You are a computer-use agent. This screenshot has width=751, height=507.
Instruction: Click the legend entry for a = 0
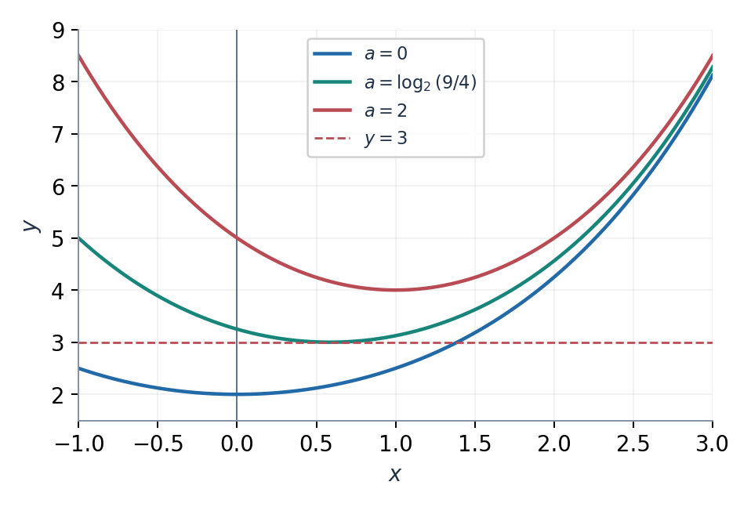pyautogui.click(x=360, y=53)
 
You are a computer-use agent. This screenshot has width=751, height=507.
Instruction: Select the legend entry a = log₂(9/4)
pyautogui.click(x=394, y=81)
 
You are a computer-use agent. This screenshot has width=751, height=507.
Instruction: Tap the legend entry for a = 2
pyautogui.click(x=360, y=110)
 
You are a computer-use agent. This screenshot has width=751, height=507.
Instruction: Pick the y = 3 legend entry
pyautogui.click(x=360, y=139)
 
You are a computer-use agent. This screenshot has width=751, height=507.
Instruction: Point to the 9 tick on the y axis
pyautogui.click(x=58, y=31)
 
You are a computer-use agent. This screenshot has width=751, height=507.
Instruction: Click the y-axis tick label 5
pyautogui.click(x=58, y=238)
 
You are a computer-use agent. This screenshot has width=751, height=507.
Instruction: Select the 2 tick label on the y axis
pyautogui.click(x=58, y=394)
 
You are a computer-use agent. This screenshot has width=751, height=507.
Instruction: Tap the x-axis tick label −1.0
pyautogui.click(x=79, y=444)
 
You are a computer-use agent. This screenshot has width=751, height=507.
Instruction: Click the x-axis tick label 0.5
pyautogui.click(x=316, y=444)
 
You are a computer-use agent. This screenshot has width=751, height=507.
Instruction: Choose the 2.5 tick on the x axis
pyautogui.click(x=633, y=444)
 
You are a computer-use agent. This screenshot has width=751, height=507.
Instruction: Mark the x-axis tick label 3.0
pyautogui.click(x=713, y=444)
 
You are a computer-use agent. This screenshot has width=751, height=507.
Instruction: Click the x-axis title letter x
pyautogui.click(x=394, y=474)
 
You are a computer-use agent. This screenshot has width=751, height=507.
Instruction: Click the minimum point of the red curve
pyautogui.click(x=396, y=290)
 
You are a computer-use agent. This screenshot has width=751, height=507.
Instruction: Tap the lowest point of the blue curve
pyautogui.click(x=237, y=394)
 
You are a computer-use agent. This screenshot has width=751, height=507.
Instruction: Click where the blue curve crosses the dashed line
pyautogui.click(x=455, y=342)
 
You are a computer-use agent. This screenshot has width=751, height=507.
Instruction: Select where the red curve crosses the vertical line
pyautogui.click(x=237, y=238)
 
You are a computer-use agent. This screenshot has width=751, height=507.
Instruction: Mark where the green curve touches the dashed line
pyautogui.click(x=329, y=342)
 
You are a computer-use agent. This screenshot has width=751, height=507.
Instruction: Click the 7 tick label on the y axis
pyautogui.click(x=58, y=135)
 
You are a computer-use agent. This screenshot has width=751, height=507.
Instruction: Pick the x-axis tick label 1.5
pyautogui.click(x=474, y=444)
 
